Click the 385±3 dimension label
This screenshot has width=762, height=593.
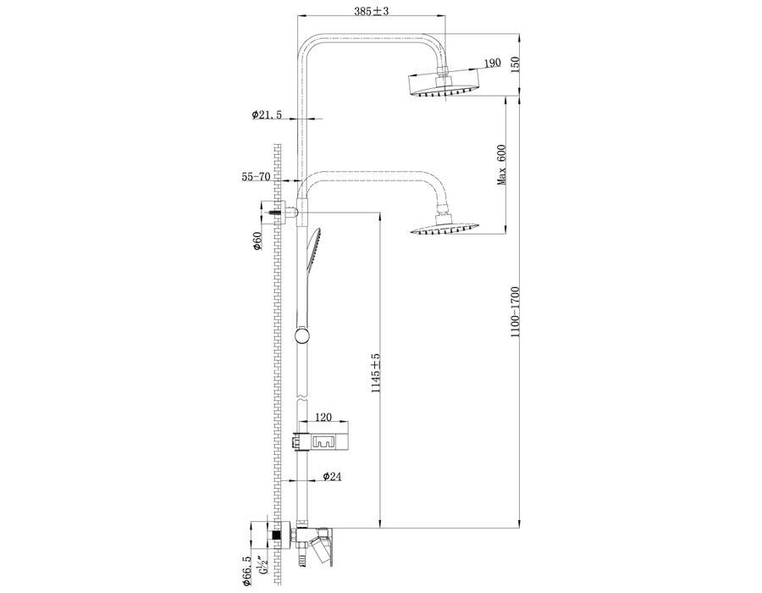click(372, 11)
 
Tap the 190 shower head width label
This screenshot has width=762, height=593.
click(492, 63)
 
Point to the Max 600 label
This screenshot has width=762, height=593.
click(501, 165)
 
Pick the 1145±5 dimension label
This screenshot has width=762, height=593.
click(375, 373)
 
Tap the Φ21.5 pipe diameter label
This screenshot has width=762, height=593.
click(267, 114)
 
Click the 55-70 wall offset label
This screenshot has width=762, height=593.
click(256, 176)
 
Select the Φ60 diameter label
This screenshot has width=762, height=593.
click(257, 241)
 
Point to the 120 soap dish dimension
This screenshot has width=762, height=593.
click(323, 417)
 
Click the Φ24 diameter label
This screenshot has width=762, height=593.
click(333, 476)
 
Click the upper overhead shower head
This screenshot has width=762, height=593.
click(444, 85)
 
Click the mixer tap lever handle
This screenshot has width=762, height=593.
click(323, 546)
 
